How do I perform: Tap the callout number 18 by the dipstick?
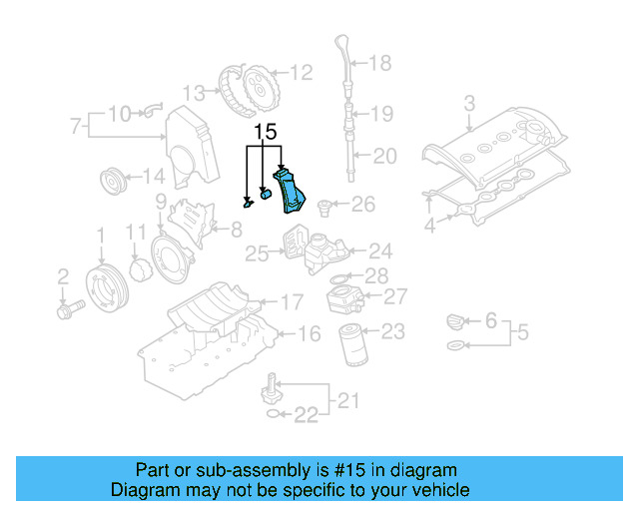[380, 64]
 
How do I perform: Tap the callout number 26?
[362, 205]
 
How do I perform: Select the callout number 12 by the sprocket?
[301, 72]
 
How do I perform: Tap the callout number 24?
[380, 252]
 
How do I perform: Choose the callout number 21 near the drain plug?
[345, 401]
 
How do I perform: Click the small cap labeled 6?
[454, 321]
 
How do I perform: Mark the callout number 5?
[522, 331]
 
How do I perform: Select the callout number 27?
[395, 296]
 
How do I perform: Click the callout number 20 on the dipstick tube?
[384, 155]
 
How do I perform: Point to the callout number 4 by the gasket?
[429, 227]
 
